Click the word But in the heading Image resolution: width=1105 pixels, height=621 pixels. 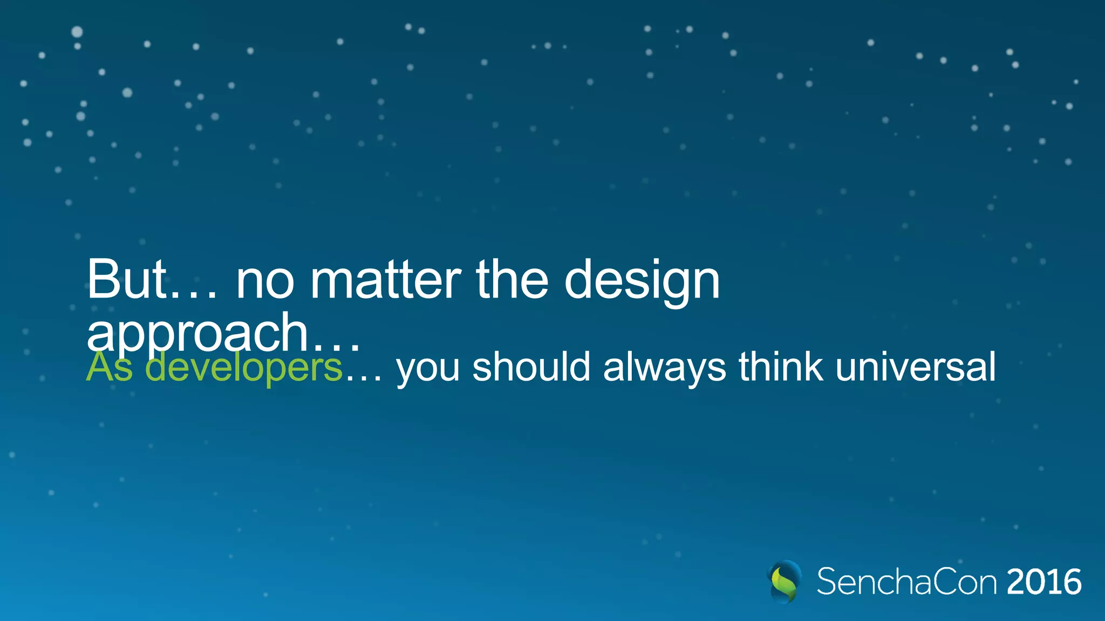tap(126, 280)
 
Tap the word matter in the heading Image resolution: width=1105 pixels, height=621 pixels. tap(385, 280)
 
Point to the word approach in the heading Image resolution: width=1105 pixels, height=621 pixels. tap(197, 333)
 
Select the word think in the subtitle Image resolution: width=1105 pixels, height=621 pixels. tap(781, 367)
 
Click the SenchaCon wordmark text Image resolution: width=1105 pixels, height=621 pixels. tap(906, 582)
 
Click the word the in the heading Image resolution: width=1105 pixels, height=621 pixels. tap(512, 280)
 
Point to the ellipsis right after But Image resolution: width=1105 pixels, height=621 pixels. tap(194, 294)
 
